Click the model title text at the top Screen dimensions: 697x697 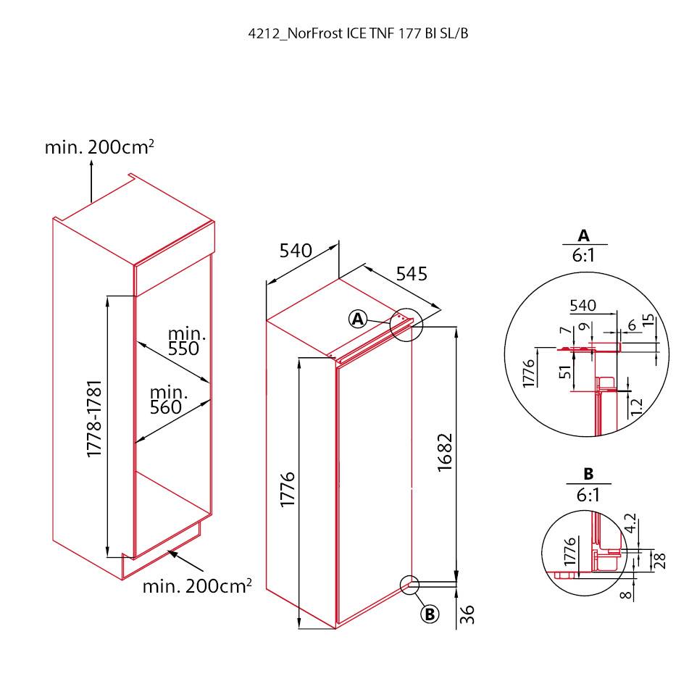358,34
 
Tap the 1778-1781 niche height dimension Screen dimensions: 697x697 95,418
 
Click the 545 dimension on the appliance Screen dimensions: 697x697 412,274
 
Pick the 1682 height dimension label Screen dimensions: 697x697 445,452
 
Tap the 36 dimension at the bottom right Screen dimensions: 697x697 467,614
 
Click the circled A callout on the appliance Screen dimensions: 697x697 358,319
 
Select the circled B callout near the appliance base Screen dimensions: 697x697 430,614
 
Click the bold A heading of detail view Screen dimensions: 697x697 583,235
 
